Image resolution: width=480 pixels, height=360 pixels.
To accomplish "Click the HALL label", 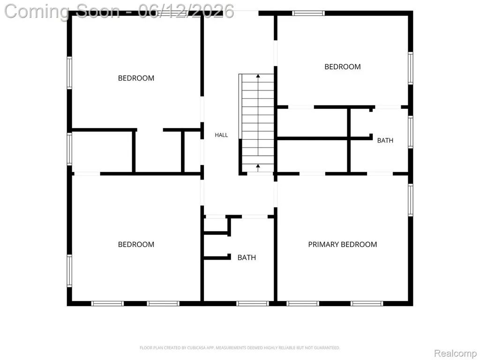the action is (221, 135).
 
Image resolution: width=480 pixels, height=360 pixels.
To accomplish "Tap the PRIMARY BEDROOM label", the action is (342, 244).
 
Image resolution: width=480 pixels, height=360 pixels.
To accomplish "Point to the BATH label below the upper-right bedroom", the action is (385, 141).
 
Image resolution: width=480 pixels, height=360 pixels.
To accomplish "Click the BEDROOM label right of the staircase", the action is (342, 67).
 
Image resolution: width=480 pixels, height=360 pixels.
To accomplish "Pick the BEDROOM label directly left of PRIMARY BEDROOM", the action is (136, 244).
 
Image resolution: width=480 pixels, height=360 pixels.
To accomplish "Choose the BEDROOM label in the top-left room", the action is (136, 78).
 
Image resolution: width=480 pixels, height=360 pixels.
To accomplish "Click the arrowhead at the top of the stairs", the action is (258, 75).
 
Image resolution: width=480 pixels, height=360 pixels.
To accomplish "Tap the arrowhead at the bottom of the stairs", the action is (258, 166).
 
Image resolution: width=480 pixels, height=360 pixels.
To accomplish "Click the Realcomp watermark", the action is (455, 353).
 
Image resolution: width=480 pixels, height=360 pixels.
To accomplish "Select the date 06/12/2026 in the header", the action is (186, 11).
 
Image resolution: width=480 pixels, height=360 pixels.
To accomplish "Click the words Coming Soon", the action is (62, 12).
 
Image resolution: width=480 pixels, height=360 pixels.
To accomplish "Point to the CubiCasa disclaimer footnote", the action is (240, 348).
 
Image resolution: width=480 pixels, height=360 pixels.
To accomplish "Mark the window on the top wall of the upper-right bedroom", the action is (308, 13).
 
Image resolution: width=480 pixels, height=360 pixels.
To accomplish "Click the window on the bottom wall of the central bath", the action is (253, 303).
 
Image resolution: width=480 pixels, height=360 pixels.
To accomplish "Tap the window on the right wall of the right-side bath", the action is (410, 132).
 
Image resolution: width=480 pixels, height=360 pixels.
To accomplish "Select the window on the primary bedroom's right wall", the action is (410, 200).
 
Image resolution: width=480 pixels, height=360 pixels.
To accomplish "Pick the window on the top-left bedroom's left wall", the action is (69, 73).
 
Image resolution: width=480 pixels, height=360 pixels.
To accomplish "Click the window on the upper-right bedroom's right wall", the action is (410, 68).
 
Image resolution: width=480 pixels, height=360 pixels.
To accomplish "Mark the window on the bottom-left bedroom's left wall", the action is (69, 271).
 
